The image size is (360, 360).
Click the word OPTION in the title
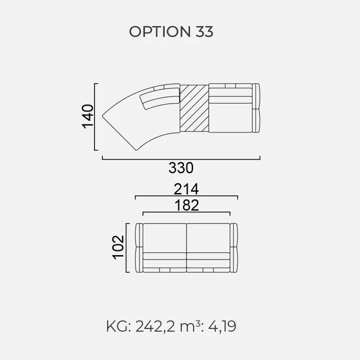(160, 31)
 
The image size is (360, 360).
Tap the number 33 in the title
(204, 31)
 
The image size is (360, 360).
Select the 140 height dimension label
(87, 116)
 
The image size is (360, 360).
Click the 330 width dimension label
(181, 168)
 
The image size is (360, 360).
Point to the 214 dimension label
(186, 189)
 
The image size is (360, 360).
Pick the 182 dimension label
(186, 205)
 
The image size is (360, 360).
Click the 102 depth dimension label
(118, 247)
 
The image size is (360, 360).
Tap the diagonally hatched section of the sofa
(194, 108)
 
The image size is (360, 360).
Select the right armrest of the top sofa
(256, 108)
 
